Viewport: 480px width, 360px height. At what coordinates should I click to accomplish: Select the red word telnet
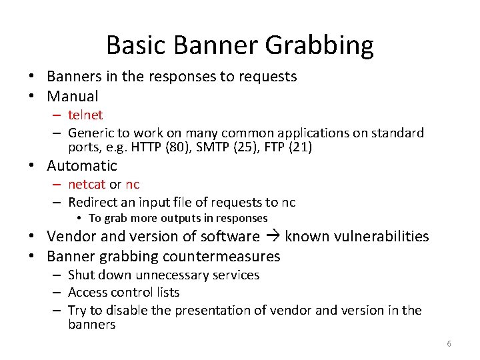tap(85, 115)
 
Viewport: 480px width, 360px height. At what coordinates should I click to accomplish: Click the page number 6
tap(449, 343)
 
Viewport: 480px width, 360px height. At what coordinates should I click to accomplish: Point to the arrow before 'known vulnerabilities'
tap(273, 237)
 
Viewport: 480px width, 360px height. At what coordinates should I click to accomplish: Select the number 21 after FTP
tap(301, 147)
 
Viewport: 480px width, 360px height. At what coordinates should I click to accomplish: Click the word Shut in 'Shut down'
tap(80, 275)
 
